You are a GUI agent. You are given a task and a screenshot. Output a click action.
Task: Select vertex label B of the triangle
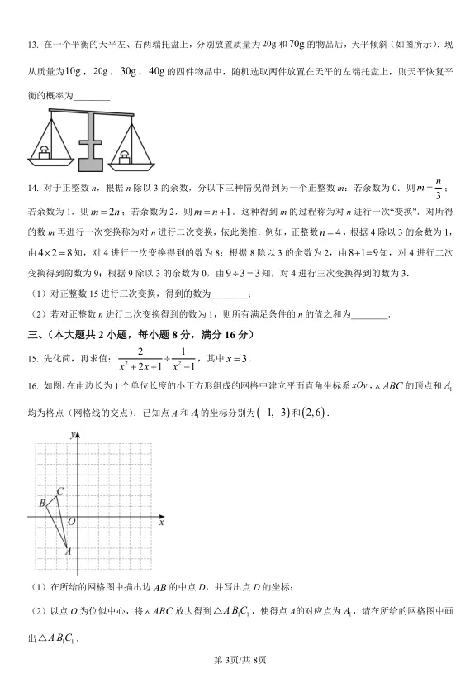41,503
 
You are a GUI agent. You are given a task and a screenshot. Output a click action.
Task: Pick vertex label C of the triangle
59,492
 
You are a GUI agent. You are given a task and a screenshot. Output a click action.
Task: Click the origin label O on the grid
71,522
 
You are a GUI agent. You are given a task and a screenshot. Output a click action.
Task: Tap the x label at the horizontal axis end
162,523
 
